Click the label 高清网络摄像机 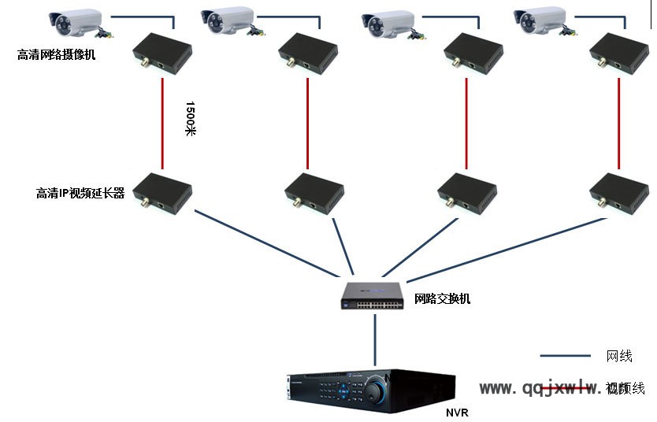pos(57,55)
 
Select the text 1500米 pos(190,118)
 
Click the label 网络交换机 pos(443,299)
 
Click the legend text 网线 pos(619,357)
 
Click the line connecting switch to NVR pos(375,339)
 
